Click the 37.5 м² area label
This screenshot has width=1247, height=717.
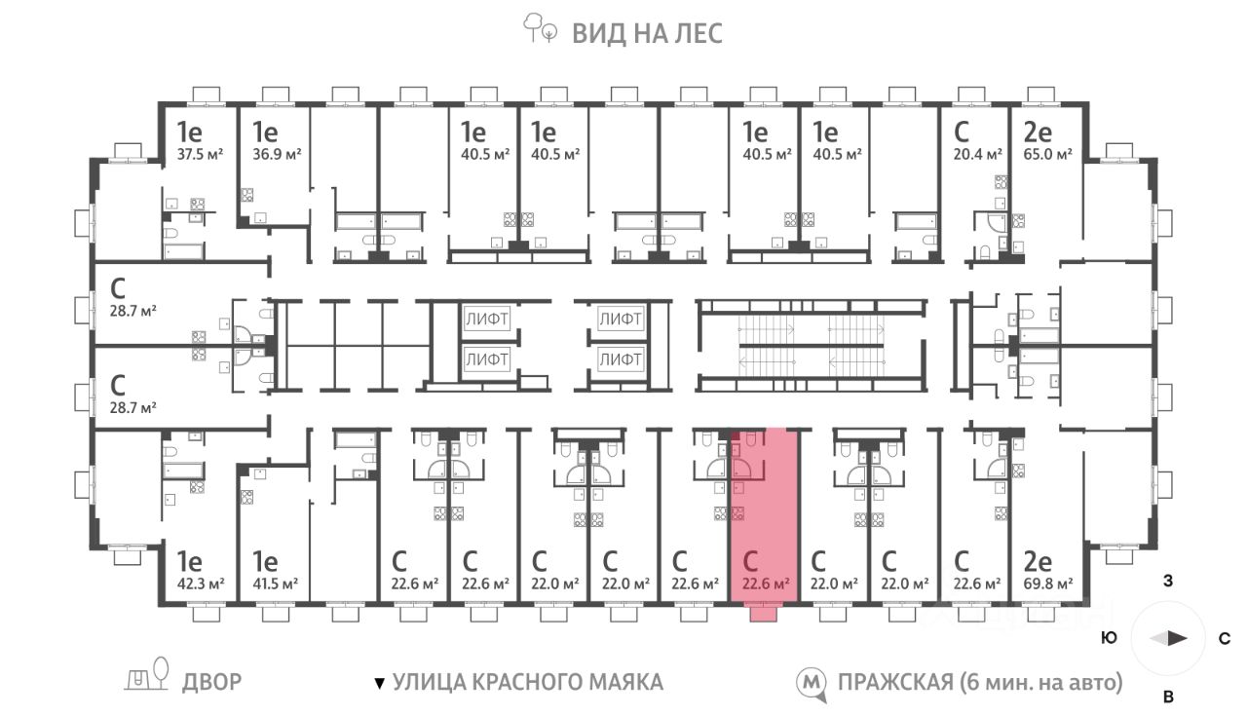point(201,154)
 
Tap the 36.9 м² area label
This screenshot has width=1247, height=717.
point(277,154)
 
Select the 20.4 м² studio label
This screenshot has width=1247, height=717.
point(977,154)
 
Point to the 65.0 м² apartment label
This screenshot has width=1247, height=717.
point(1047,154)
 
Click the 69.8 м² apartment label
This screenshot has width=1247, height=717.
point(1047,584)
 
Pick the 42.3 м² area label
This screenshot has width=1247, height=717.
point(201,584)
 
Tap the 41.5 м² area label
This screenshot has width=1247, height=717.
point(275,584)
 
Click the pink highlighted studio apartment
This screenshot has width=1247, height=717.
point(765,515)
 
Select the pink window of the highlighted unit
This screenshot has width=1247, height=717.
point(763,614)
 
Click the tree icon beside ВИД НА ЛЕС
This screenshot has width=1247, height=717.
point(540,28)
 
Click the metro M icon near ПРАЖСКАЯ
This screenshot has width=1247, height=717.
point(811,684)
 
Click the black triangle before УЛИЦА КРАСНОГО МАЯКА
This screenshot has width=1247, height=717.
point(380,683)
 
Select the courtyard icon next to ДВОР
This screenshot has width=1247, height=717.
point(146,675)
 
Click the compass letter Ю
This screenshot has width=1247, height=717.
point(1110,638)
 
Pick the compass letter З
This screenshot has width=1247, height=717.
point(1168,581)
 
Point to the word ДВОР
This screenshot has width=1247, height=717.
point(212,682)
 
